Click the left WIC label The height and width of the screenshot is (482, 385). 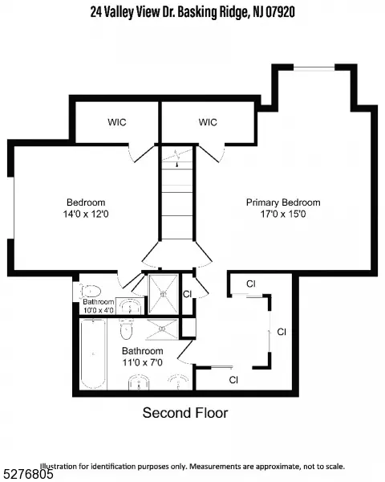[x=116, y=122]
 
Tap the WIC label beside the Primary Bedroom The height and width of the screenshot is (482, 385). [x=208, y=122]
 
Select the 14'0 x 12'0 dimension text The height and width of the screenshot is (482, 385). [x=86, y=214]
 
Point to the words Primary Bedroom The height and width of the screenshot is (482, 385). [x=283, y=202]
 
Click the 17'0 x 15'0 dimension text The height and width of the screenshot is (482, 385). [x=283, y=214]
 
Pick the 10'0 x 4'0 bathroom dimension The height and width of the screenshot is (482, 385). [x=98, y=310]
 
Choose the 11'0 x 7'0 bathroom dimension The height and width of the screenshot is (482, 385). [x=143, y=362]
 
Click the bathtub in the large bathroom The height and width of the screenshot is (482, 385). [x=93, y=354]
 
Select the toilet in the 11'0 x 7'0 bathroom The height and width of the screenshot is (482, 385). [x=126, y=329]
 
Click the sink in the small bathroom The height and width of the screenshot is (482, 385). [x=130, y=307]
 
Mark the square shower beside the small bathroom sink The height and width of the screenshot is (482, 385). [x=163, y=294]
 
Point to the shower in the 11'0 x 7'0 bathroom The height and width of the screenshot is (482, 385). [x=162, y=329]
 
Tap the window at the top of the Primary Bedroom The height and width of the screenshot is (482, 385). [x=314, y=67]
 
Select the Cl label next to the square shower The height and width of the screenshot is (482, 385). [x=187, y=294]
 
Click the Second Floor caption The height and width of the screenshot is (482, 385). [x=185, y=413]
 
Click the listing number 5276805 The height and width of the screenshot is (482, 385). [x=26, y=474]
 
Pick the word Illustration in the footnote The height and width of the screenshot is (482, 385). [x=57, y=466]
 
